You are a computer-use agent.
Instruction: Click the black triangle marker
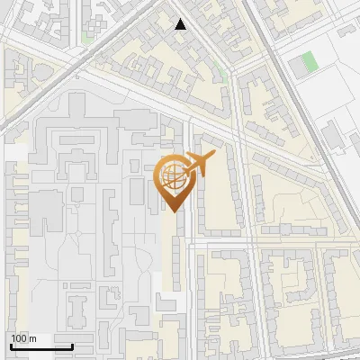point(181,24)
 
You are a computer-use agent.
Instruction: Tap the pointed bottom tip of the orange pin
point(171,211)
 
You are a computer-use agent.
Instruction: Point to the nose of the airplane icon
point(213,157)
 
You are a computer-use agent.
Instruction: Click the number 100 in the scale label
point(21,338)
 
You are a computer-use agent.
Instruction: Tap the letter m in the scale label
point(33,338)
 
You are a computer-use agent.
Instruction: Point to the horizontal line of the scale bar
point(41,346)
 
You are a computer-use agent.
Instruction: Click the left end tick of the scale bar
point(11,345)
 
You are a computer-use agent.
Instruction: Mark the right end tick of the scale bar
point(73,345)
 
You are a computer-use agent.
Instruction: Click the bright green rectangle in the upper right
point(310,62)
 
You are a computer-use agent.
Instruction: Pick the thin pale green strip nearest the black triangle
point(221,73)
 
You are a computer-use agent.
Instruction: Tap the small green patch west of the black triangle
point(87,36)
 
